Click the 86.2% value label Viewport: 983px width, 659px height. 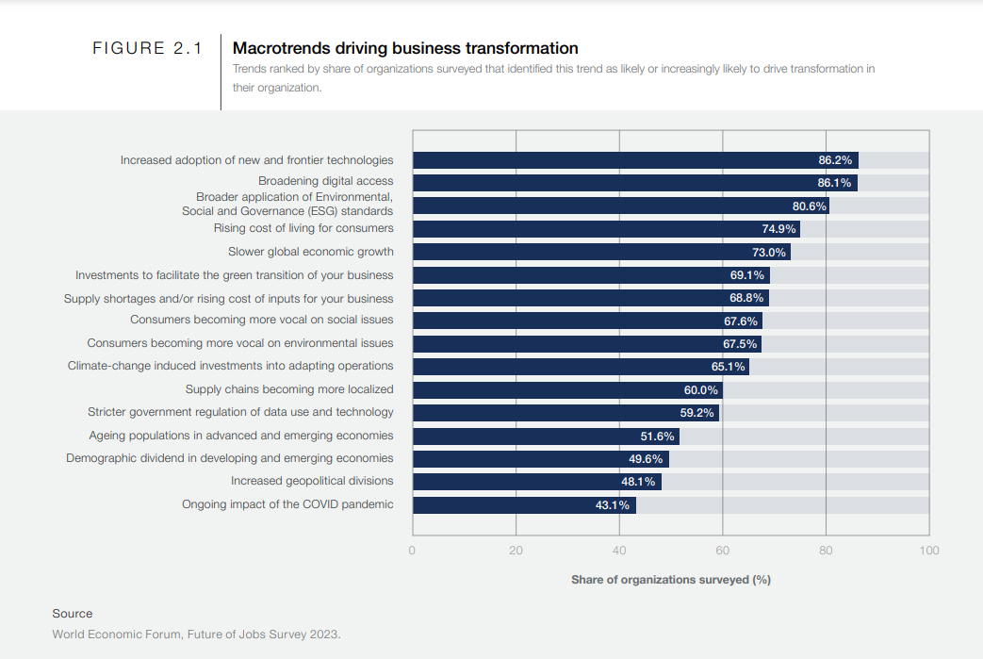835,160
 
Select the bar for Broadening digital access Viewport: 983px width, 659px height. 634,183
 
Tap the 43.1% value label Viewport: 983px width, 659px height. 613,505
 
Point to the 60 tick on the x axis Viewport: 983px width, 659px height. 722,551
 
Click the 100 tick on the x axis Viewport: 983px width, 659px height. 928,551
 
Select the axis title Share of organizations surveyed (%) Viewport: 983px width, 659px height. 670,580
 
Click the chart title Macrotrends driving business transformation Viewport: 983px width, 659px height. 405,48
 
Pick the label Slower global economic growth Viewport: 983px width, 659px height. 311,252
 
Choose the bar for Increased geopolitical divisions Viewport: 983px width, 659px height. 536,482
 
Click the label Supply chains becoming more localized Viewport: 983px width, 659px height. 289,389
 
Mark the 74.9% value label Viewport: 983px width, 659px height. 778,229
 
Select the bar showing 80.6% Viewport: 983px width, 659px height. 620,206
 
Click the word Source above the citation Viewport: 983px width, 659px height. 73,614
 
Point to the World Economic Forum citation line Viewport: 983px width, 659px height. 196,634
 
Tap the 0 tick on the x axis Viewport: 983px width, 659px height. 413,551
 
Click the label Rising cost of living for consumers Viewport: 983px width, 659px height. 303,228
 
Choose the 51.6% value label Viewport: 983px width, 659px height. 657,437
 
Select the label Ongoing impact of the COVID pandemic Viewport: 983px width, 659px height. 287,504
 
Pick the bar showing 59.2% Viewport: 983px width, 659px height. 565,413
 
